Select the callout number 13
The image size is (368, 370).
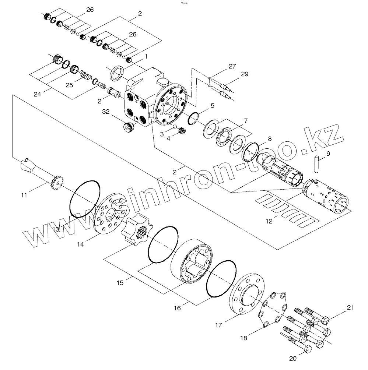pyautogui.click(x=56, y=229)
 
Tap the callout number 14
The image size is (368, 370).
pyautogui.click(x=80, y=244)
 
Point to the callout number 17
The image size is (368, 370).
pyautogui.click(x=218, y=325)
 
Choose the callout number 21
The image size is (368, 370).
pyautogui.click(x=350, y=308)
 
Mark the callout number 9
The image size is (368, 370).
pyautogui.click(x=328, y=153)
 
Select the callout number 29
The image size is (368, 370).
pyautogui.click(x=245, y=74)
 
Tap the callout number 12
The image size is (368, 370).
pyautogui.click(x=269, y=221)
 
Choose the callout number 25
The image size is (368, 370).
pyautogui.click(x=69, y=84)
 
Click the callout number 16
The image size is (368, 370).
pyautogui.click(x=178, y=307)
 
